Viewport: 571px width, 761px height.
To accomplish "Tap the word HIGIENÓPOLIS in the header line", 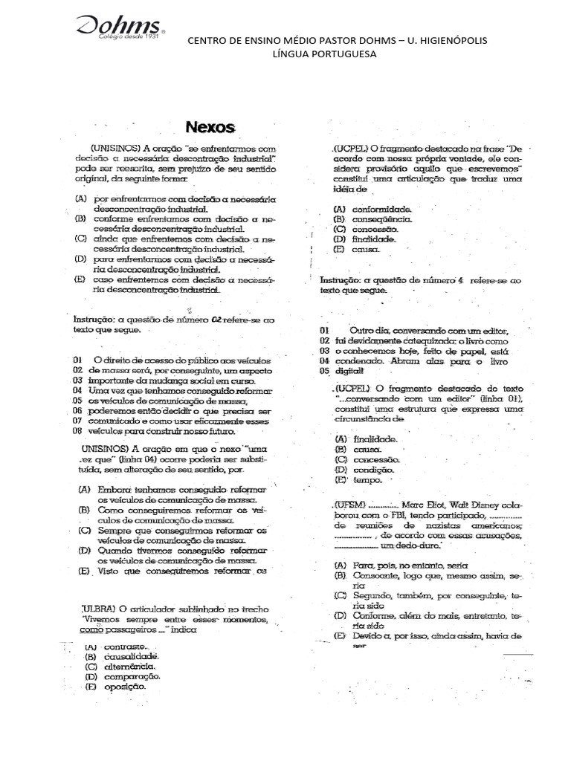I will pos(453,40).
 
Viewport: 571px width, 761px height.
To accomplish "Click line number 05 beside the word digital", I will pos(324,370).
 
